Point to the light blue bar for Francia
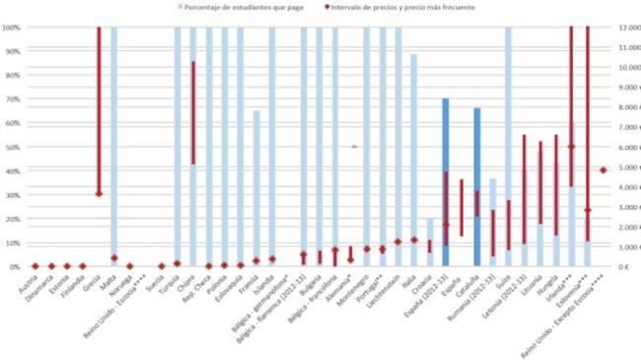[256, 187]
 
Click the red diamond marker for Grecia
[99, 194]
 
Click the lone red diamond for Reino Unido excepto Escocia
[604, 170]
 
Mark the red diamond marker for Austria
[36, 266]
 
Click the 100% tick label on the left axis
[13, 27]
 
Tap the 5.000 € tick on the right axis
[626, 167]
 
